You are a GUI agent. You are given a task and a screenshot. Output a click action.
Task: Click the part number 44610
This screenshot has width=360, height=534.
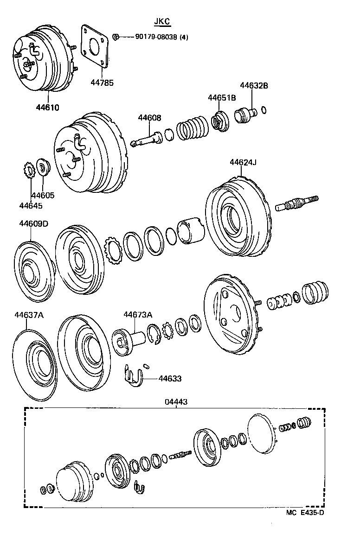pyautogui.click(x=48, y=108)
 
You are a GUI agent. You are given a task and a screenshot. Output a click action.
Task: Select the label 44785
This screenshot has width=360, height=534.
pyautogui.click(x=102, y=83)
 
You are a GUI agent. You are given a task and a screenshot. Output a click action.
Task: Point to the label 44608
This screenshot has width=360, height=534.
pyautogui.click(x=149, y=118)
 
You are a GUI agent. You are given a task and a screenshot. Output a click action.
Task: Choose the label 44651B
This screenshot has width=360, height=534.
pyautogui.click(x=221, y=98)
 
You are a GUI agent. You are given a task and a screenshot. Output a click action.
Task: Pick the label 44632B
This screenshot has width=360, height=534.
pyautogui.click(x=254, y=85)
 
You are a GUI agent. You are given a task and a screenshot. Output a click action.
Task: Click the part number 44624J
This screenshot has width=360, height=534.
pyautogui.click(x=243, y=162)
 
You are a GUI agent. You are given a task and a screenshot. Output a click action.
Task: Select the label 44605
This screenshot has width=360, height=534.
pyautogui.click(x=43, y=196)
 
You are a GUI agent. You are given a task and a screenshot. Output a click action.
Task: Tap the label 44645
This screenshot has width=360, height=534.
pyautogui.click(x=31, y=205)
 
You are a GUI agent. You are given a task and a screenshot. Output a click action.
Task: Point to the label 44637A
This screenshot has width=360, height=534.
pyautogui.click(x=29, y=315)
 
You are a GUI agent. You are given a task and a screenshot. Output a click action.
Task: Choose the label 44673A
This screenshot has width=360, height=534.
pyautogui.click(x=137, y=315)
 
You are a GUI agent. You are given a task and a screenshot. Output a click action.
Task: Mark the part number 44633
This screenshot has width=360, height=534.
pyautogui.click(x=170, y=379)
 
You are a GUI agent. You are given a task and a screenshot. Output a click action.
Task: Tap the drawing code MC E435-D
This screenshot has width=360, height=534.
pyautogui.click(x=305, y=513)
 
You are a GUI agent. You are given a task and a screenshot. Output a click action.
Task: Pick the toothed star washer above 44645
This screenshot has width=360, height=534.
pyautogui.click(x=29, y=170)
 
